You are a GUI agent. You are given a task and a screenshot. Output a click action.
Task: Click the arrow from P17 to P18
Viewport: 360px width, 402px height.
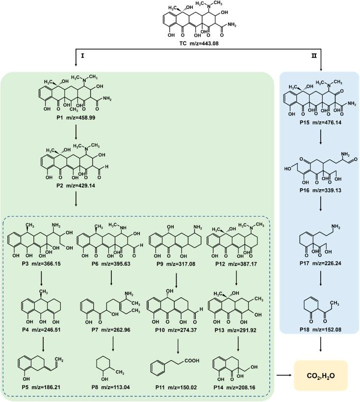point(321,289)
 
